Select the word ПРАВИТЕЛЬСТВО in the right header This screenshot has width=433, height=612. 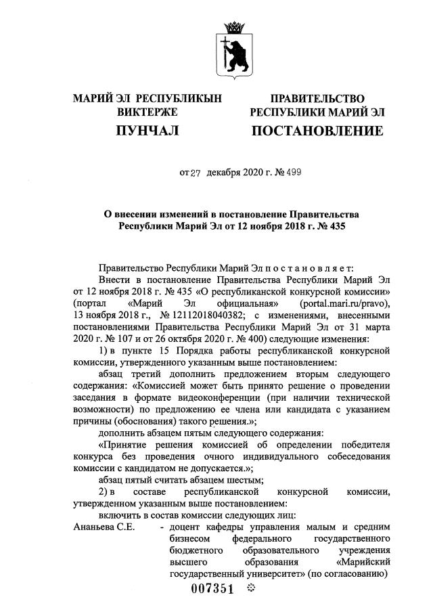(317, 99)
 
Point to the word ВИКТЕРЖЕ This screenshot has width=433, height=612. (147, 112)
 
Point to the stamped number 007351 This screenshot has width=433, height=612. (212, 589)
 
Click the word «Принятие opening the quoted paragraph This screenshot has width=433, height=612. (124, 444)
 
